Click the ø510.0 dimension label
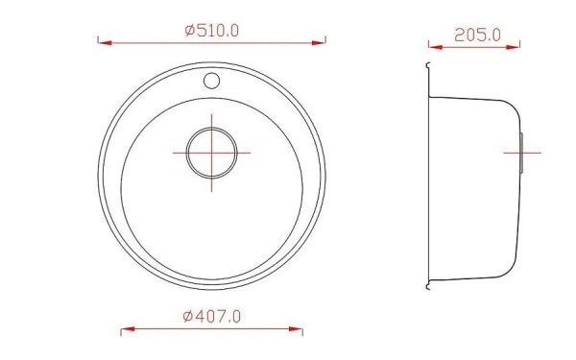[x=212, y=30]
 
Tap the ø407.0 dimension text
[x=212, y=316]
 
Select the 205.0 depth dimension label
[x=477, y=36]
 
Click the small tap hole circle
[x=211, y=81]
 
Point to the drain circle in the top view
[x=211, y=128]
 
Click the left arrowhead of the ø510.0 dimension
[x=105, y=43]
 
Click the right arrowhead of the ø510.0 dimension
[x=319, y=43]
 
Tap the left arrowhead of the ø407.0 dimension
[x=128, y=328]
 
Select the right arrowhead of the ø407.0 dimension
[x=296, y=328]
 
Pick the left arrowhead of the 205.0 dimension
[x=436, y=47]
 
